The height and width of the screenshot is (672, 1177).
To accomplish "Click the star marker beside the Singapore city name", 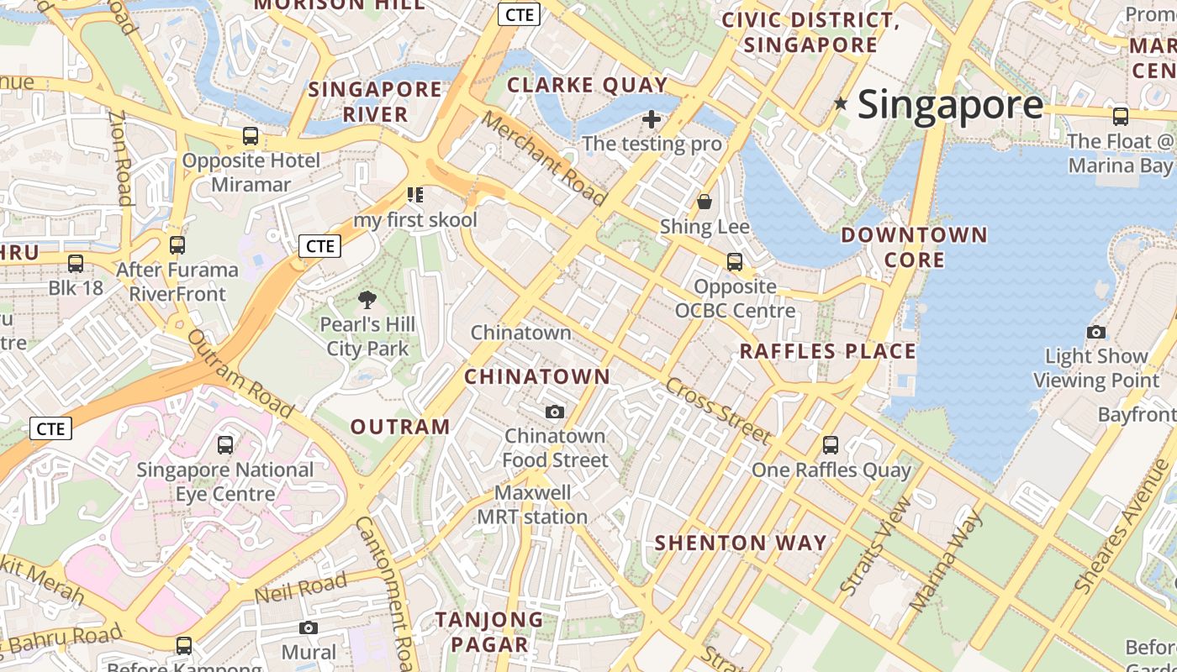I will tap(840, 104).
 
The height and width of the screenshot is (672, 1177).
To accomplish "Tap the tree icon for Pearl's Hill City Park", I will tap(367, 300).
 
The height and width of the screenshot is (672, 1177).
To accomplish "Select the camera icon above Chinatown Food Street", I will tap(555, 412).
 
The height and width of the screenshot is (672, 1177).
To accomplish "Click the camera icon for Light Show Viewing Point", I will tap(1096, 332).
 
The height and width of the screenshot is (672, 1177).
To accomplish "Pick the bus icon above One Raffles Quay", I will tap(831, 445).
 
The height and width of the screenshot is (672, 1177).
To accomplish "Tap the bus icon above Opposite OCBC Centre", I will tap(735, 262).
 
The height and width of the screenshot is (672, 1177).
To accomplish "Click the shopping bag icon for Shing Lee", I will tap(705, 202).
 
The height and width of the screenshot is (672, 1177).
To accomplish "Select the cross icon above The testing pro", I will tap(652, 118).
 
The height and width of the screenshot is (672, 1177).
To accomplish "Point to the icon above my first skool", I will tap(414, 196).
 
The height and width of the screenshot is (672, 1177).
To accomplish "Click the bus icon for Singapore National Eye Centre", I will tap(225, 445).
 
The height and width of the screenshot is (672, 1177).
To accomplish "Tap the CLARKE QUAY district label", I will tap(587, 85).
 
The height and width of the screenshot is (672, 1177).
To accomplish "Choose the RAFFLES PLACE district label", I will tap(827, 351).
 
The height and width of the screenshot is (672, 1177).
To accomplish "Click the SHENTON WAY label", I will tap(741, 543).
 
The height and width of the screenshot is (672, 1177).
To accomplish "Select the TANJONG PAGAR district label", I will tap(488, 632).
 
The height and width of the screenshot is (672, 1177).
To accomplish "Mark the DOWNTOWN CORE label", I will tap(914, 247).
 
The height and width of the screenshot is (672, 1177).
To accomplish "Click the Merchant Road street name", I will tap(544, 158).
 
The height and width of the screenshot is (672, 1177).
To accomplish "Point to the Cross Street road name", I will tap(717, 411).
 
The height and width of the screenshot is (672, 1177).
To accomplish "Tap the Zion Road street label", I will tap(121, 158).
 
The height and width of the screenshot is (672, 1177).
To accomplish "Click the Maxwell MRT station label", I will tap(532, 505).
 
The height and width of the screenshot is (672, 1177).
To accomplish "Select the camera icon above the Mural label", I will tap(309, 628).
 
